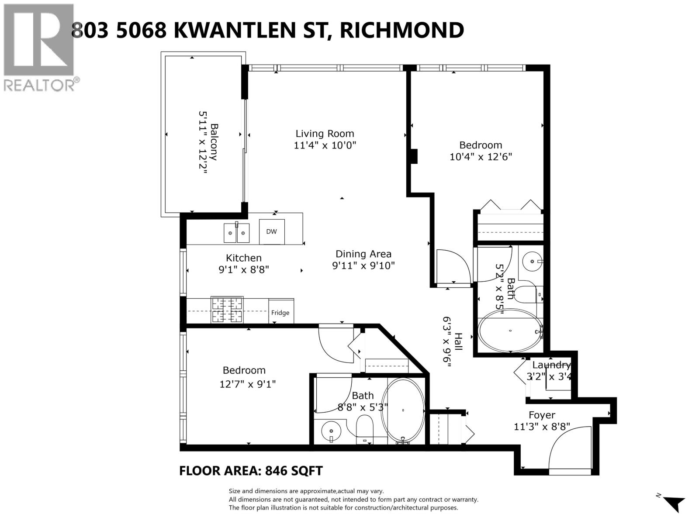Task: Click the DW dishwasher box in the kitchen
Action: pos(271,231)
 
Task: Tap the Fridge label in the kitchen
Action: pos(280,313)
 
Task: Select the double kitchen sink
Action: pos(236,233)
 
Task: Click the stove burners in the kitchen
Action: pos(227,310)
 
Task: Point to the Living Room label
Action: pos(325,134)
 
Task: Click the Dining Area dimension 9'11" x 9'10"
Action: pos(363,265)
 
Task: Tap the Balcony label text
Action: pos(214,142)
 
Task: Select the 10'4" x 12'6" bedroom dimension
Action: pos(481,156)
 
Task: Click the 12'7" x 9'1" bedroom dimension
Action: pos(248,384)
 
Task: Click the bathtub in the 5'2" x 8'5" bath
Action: pos(510,331)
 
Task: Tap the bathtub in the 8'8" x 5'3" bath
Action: pos(403,411)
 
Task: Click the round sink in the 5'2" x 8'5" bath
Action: pos(532,262)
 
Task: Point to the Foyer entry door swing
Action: pos(568,452)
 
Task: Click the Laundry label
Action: pos(551,365)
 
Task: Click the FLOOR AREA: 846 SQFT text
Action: pos(251,471)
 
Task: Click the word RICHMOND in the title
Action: pos(401,30)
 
